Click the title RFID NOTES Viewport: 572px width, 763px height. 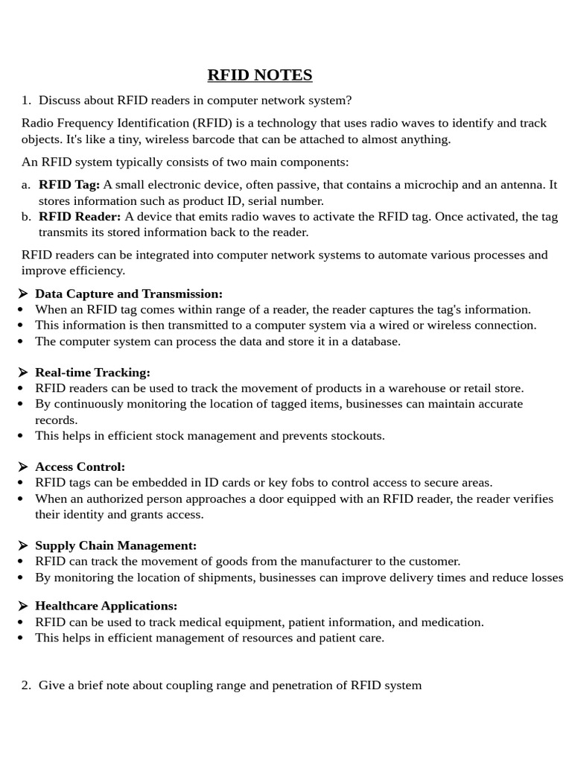tap(259, 75)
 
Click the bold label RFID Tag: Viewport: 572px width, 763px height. tap(69, 185)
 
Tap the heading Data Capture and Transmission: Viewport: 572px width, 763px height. tap(129, 294)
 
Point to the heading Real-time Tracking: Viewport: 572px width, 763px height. tap(92, 373)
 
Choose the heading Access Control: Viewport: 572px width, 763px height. tap(80, 467)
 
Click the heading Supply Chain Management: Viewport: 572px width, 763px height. tap(115, 546)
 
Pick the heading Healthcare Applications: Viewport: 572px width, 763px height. tap(106, 607)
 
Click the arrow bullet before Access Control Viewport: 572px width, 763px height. tap(23, 467)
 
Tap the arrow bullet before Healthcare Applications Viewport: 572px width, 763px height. tap(23, 607)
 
